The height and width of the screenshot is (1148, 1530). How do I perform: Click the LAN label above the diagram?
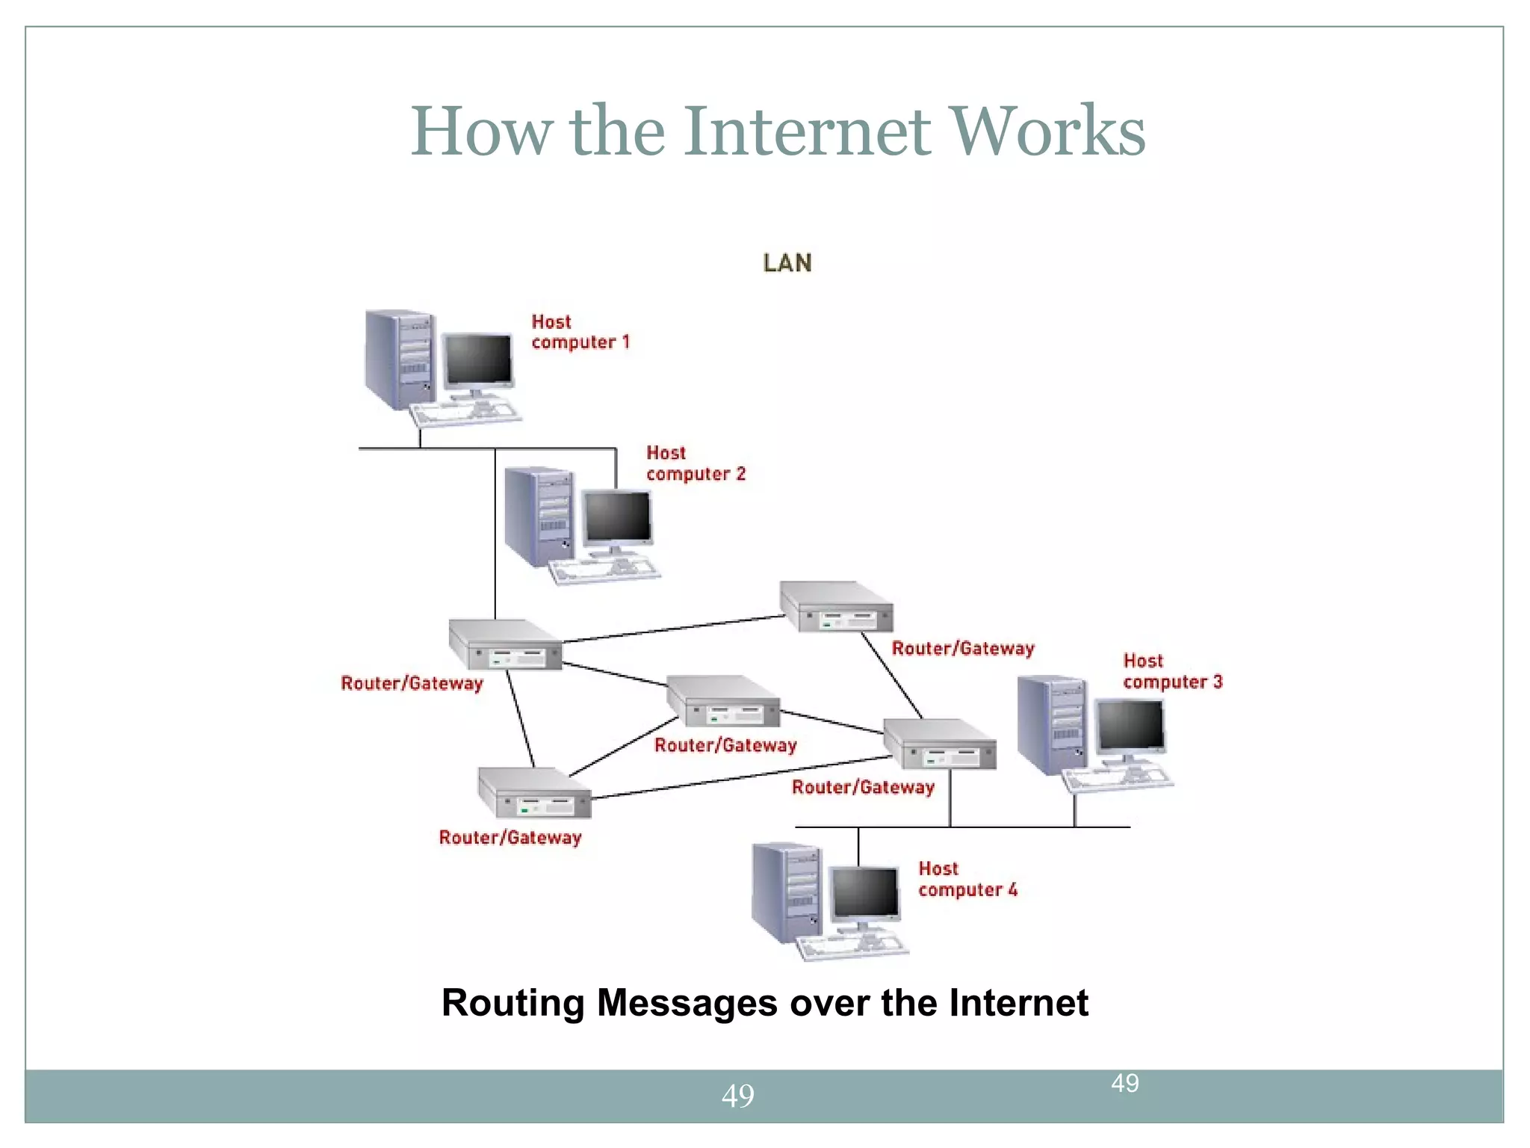click(x=787, y=263)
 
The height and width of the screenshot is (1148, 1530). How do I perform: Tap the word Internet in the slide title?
click(x=806, y=132)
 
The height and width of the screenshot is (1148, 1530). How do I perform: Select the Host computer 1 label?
click(x=580, y=332)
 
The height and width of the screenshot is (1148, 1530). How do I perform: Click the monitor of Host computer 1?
click(x=478, y=360)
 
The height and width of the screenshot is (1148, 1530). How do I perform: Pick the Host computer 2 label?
click(x=695, y=463)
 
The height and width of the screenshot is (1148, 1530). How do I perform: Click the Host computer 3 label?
click(x=1171, y=671)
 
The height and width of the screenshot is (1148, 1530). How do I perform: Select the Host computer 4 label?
click(x=967, y=879)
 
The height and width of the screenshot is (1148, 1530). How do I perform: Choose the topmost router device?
click(x=837, y=607)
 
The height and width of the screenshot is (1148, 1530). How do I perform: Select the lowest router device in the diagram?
click(x=535, y=794)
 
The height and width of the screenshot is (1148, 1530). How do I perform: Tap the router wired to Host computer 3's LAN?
click(x=940, y=744)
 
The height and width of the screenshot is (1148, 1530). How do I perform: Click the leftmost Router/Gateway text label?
click(x=412, y=683)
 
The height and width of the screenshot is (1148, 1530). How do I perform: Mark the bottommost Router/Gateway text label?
click(x=510, y=838)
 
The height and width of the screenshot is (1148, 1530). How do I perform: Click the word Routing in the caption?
click(x=512, y=1003)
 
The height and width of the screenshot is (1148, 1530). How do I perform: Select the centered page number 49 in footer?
click(x=737, y=1096)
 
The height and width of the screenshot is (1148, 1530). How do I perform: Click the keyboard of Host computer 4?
click(x=852, y=948)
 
